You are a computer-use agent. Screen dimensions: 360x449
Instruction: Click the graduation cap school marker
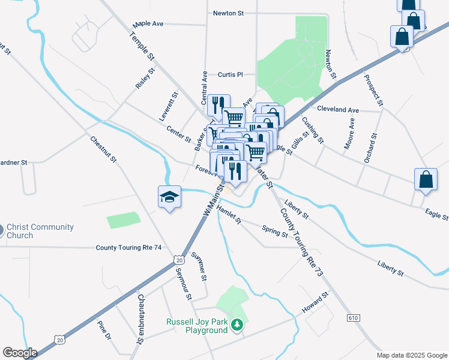(170, 197)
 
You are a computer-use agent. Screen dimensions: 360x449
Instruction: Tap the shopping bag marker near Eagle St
(426, 179)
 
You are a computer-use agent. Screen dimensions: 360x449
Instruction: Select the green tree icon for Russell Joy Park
(238, 325)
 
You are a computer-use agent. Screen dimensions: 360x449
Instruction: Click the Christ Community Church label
(40, 231)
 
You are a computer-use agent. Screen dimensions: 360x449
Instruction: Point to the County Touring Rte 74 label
(129, 247)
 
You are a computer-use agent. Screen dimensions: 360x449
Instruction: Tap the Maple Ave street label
(148, 24)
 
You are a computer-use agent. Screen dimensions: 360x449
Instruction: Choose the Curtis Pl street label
(230, 75)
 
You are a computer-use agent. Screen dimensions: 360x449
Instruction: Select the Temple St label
(142, 46)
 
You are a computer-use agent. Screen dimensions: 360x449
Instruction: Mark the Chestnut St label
(103, 151)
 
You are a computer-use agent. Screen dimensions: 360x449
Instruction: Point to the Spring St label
(275, 231)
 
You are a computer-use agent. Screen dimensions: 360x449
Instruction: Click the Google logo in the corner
(20, 352)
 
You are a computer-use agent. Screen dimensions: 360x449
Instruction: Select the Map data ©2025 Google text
(412, 355)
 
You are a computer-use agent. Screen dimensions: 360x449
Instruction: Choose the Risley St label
(145, 79)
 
